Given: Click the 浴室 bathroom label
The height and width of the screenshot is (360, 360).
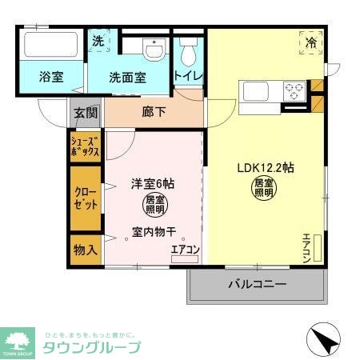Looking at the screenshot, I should tap(52, 78).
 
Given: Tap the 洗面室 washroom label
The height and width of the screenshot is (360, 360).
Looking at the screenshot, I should tap(128, 78).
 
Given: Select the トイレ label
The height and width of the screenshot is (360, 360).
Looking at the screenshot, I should tap(189, 76).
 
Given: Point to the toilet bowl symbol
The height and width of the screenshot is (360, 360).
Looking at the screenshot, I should tap(189, 54).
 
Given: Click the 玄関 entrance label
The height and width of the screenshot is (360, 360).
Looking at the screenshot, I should tap(86, 113).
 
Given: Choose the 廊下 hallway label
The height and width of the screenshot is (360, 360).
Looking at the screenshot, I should tap(154, 112).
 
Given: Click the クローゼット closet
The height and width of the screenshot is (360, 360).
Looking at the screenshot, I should tap(86, 198).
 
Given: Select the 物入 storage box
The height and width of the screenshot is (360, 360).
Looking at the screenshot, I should tap(86, 249).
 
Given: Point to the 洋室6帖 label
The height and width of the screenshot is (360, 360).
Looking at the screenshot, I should tap(153, 183).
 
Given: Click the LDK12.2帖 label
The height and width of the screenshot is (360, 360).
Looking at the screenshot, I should tap(265, 168).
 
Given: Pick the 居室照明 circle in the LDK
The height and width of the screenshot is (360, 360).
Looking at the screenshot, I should tap(263, 190).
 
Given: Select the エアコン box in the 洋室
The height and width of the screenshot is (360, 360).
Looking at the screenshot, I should tap(185, 250).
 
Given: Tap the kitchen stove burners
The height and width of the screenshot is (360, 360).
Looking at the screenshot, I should tap(292, 90).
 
